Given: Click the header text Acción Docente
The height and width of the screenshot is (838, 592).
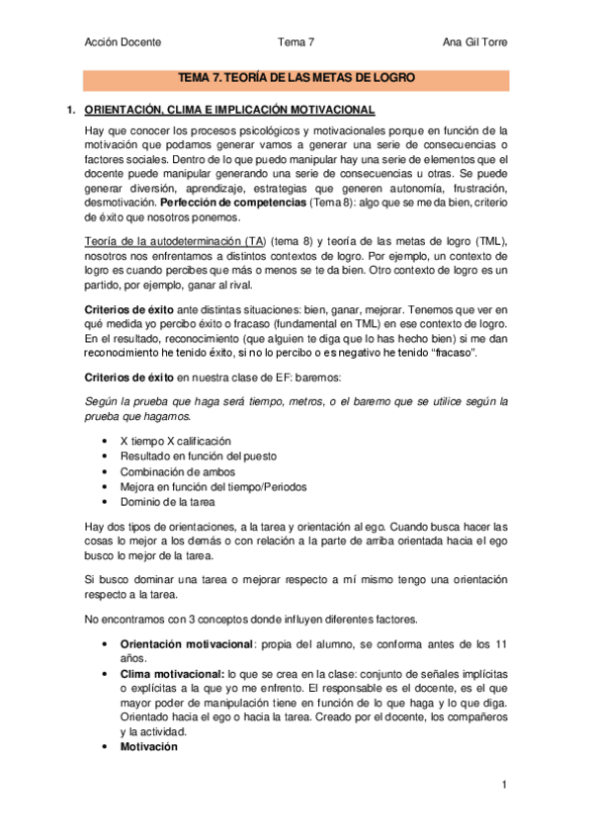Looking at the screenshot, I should (124, 42).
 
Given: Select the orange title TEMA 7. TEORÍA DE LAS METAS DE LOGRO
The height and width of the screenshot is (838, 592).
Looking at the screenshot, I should (296, 76).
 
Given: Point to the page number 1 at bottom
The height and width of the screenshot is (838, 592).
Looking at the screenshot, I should (504, 786).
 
